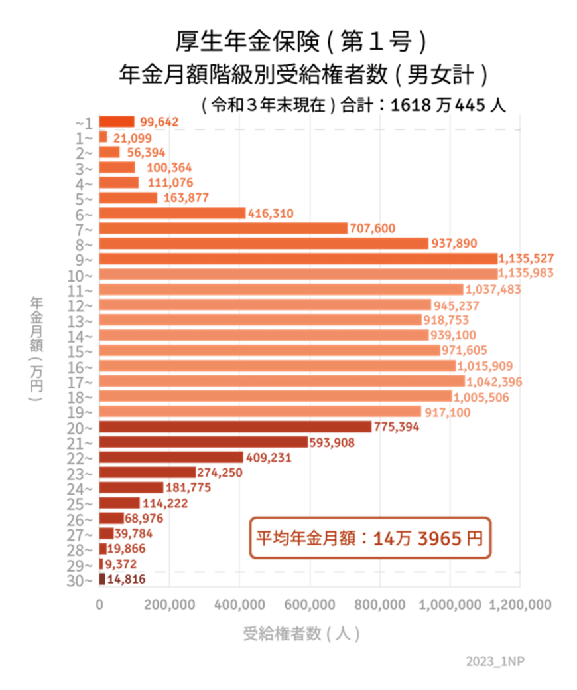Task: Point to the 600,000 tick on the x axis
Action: [310, 604]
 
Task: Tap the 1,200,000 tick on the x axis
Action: [520, 604]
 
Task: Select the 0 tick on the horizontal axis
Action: [100, 604]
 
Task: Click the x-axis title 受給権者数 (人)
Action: [302, 634]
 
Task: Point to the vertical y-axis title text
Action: [35, 349]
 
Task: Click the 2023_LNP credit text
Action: [495, 662]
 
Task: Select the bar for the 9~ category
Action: [298, 258]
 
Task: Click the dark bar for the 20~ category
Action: [235, 426]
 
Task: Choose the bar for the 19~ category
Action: [261, 411]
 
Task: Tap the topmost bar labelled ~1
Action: [117, 121]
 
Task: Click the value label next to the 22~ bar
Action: [269, 458]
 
